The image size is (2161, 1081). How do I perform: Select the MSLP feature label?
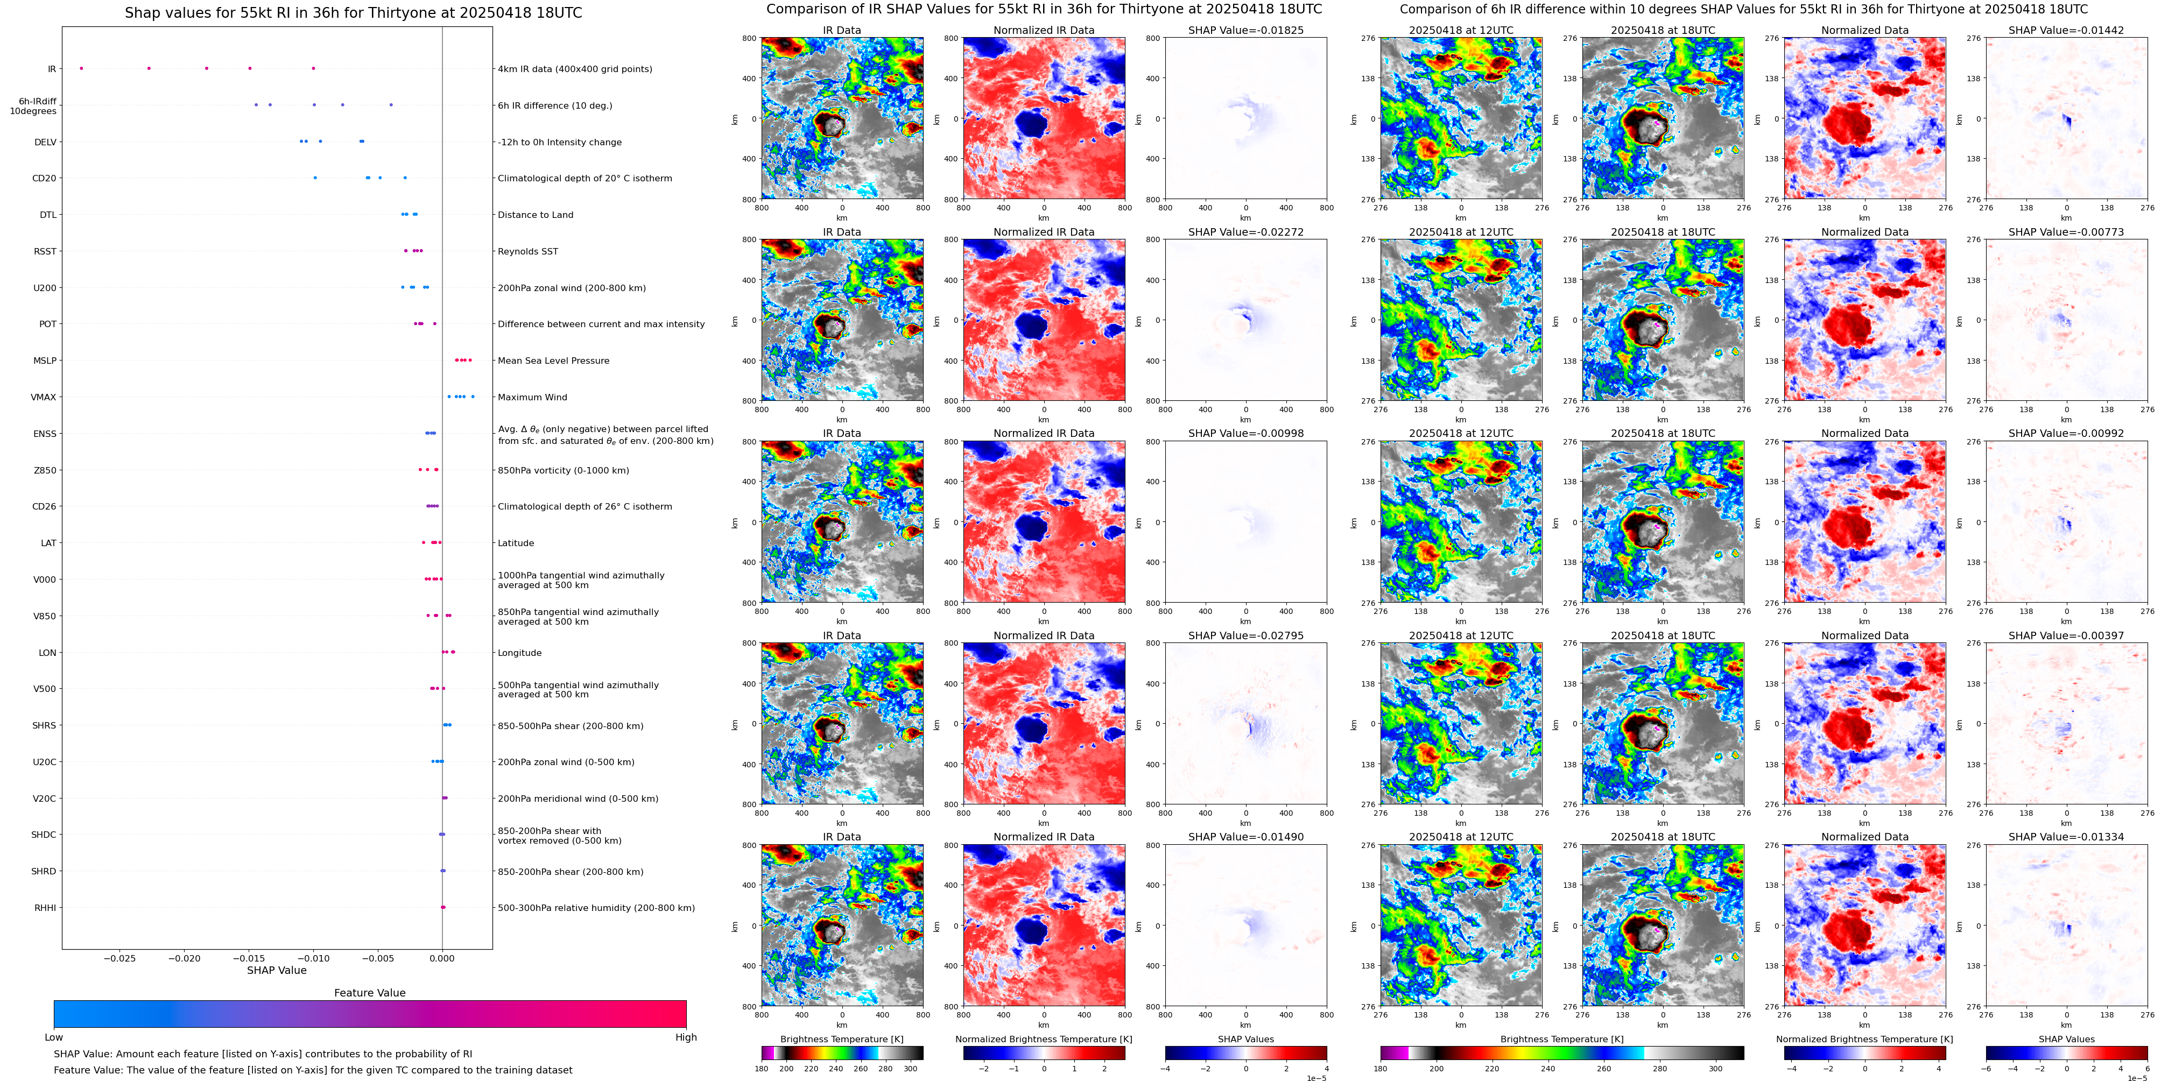pyautogui.click(x=45, y=361)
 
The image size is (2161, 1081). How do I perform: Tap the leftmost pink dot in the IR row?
pyautogui.click(x=81, y=68)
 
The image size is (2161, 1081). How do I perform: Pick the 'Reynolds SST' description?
pyautogui.click(x=527, y=252)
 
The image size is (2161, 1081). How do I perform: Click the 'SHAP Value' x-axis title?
pyautogui.click(x=276, y=970)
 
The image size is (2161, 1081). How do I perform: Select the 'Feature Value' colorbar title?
pyautogui.click(x=369, y=993)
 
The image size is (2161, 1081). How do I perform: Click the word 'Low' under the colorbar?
pyautogui.click(x=54, y=1037)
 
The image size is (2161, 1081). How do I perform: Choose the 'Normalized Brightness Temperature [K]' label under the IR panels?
pyautogui.click(x=1044, y=1039)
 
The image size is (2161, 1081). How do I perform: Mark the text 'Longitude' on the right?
pyautogui.click(x=519, y=653)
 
